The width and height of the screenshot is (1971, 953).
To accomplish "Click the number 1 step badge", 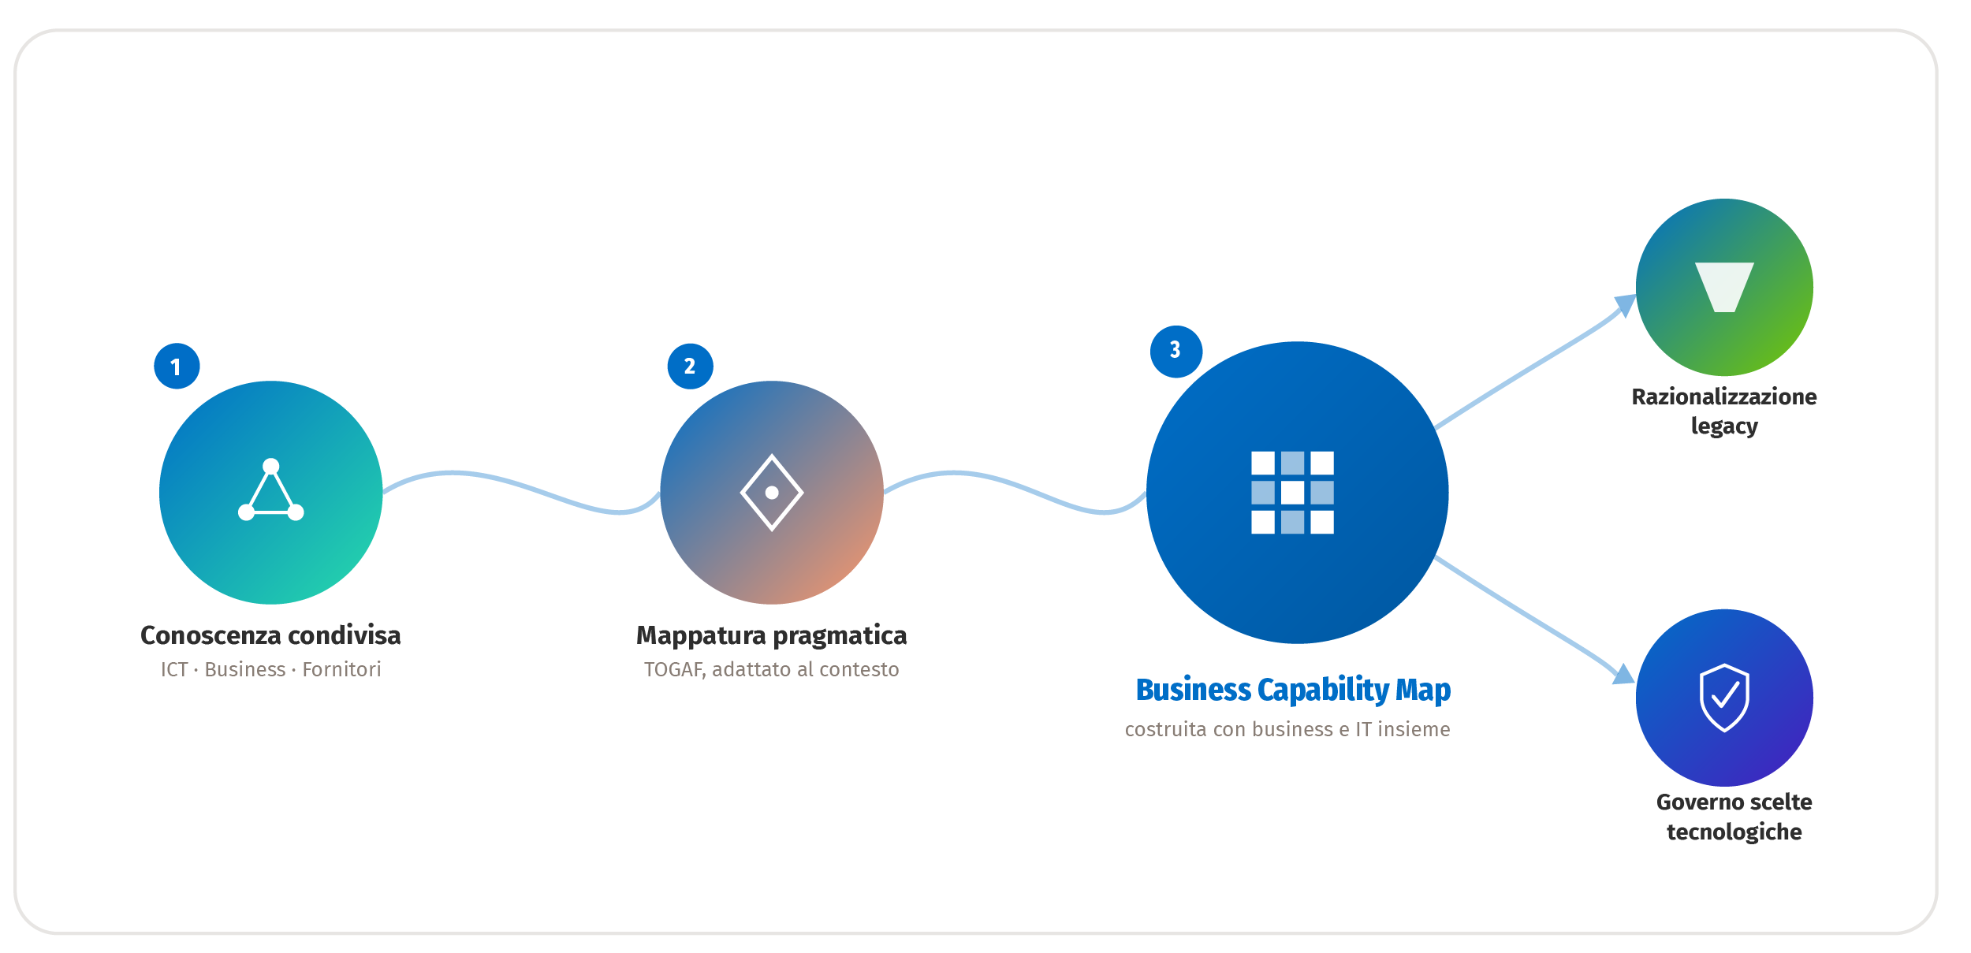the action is coord(177,366).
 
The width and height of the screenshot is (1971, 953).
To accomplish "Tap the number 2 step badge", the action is coord(690,366).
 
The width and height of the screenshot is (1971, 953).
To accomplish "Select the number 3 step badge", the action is coord(1176,351).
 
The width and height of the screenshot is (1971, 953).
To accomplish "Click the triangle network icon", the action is coord(270,490).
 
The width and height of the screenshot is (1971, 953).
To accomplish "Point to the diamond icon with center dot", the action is coord(772,493).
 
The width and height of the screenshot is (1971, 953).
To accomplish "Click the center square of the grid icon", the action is coord(1292,493).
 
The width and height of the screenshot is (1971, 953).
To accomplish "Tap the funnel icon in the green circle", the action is coord(1724,287).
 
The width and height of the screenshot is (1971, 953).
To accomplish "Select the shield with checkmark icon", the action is coord(1724,698).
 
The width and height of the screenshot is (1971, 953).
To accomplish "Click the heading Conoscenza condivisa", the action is coord(270,635).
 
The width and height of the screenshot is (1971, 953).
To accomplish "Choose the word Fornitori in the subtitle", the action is coord(341,669).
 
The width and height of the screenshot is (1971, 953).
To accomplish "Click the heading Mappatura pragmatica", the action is coord(772,636).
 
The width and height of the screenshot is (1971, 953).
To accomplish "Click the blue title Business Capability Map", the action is coord(1293,691).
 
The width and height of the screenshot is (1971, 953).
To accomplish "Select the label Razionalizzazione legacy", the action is coord(1724,411).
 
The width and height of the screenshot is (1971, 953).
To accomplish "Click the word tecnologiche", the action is coord(1734,832).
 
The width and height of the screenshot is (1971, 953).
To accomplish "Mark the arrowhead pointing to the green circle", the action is coord(1626,303).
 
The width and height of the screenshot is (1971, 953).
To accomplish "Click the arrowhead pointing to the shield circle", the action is coord(1624,675).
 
